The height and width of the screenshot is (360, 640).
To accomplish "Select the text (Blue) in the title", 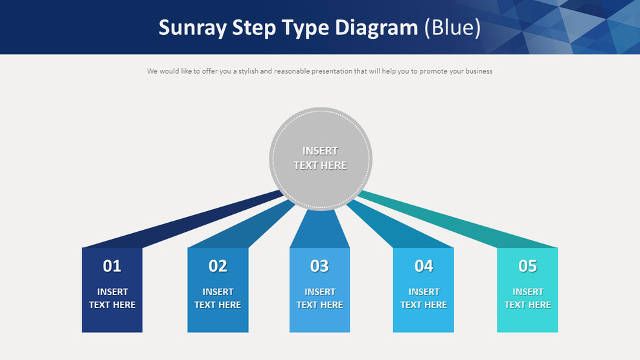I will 452,28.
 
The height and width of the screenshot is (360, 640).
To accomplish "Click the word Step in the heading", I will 255,28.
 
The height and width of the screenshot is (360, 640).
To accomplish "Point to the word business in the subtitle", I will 478,71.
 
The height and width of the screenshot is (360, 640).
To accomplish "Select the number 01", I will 112,266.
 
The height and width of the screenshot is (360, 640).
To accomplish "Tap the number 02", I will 218,266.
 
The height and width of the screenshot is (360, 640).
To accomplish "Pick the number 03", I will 319,266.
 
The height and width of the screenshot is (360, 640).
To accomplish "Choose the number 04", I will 424,266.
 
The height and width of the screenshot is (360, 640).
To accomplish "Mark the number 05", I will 527,266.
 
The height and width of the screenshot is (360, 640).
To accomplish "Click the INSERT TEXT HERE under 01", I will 112,298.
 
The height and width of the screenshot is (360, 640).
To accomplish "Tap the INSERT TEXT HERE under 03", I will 319,298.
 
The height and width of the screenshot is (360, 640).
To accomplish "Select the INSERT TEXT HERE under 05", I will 527,298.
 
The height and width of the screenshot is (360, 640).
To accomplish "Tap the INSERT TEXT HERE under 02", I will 218,298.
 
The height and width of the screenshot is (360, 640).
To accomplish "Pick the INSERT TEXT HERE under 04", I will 424,298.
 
